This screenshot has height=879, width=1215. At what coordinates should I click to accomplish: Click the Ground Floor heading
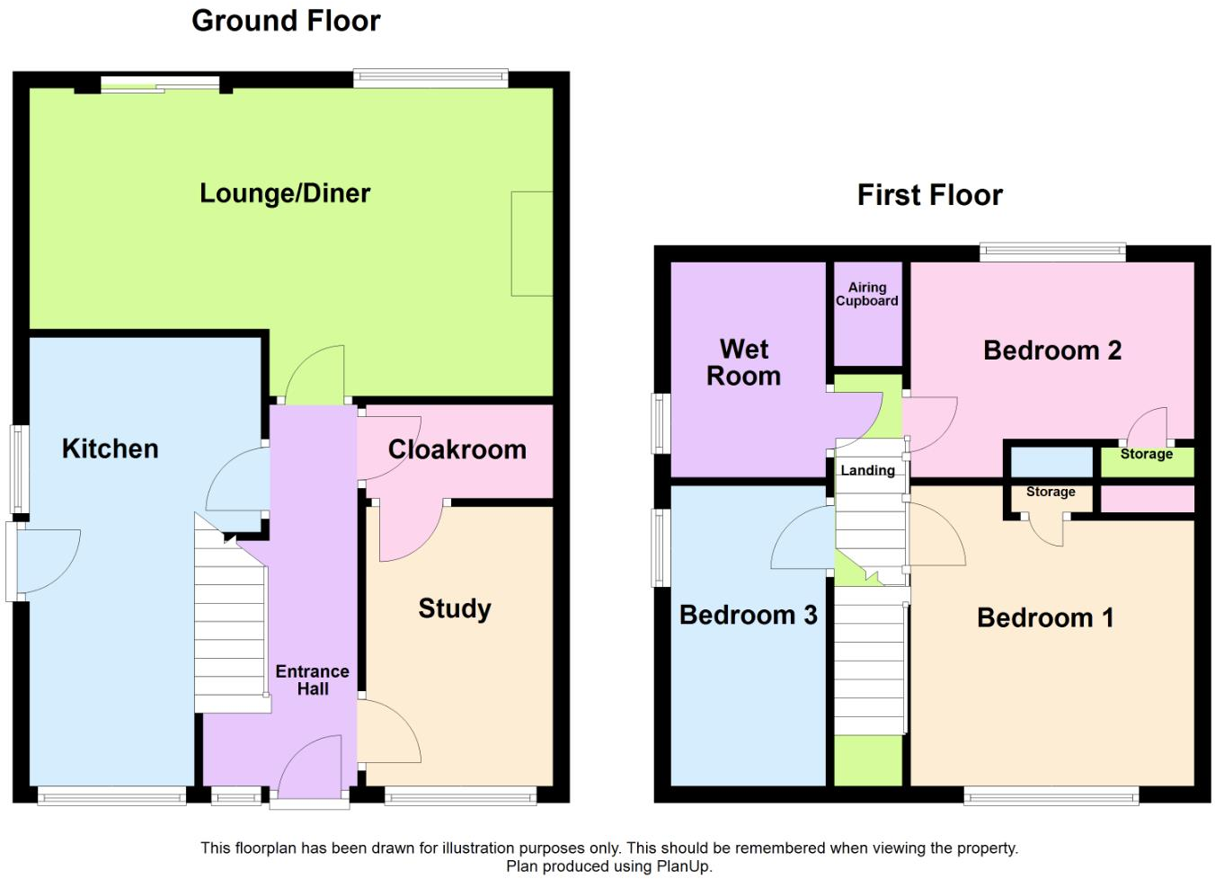click(286, 21)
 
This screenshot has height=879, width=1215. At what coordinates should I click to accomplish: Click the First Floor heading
click(929, 195)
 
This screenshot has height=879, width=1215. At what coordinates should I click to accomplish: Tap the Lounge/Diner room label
click(285, 193)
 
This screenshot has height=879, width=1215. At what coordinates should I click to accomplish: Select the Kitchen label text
click(110, 448)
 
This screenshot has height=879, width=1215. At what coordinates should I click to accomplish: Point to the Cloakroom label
click(457, 449)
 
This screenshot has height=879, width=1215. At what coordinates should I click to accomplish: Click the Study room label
click(455, 608)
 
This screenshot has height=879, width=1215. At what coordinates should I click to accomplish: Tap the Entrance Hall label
click(312, 680)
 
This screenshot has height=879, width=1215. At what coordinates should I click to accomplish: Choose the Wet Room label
click(744, 362)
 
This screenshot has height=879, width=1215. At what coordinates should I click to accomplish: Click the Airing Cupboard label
click(866, 294)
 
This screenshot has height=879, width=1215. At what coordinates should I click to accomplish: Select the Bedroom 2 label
click(1052, 351)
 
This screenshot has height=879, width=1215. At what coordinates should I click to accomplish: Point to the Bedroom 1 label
click(1045, 617)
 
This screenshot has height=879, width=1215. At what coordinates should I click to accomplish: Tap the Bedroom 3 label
click(748, 615)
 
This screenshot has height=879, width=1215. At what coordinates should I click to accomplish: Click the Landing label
click(867, 470)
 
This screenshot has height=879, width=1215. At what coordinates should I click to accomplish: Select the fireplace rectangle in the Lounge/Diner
click(531, 244)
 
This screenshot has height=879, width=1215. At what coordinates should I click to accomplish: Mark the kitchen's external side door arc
click(47, 561)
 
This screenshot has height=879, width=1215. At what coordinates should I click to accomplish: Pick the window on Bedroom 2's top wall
click(1052, 252)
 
